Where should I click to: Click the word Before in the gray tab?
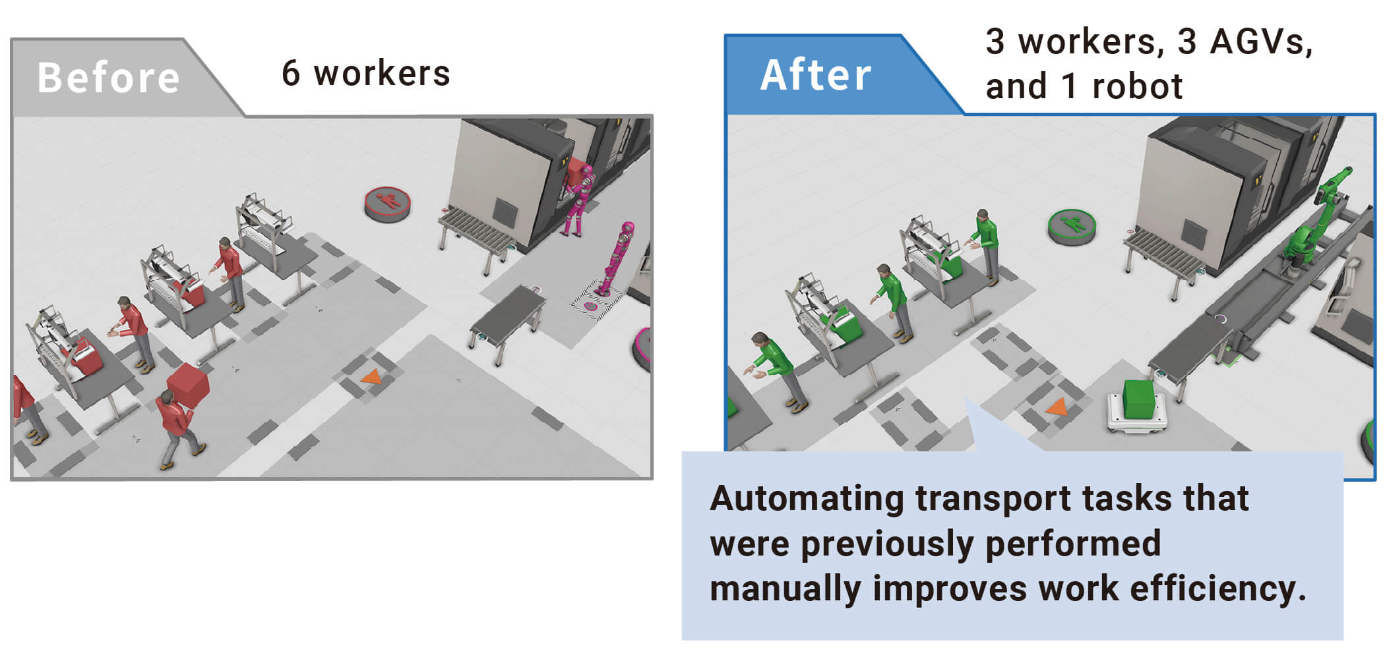click(109, 78)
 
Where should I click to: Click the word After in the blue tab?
click(816, 74)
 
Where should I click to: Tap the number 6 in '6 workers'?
click(290, 73)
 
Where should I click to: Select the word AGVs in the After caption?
click(1261, 42)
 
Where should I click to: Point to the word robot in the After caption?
click(1137, 86)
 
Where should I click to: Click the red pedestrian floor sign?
click(388, 204)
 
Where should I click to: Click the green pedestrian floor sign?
click(1071, 227)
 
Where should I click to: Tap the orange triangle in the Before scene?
click(371, 377)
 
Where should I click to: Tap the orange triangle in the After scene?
click(1057, 407)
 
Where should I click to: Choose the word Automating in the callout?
click(807, 499)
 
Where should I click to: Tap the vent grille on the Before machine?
click(506, 212)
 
